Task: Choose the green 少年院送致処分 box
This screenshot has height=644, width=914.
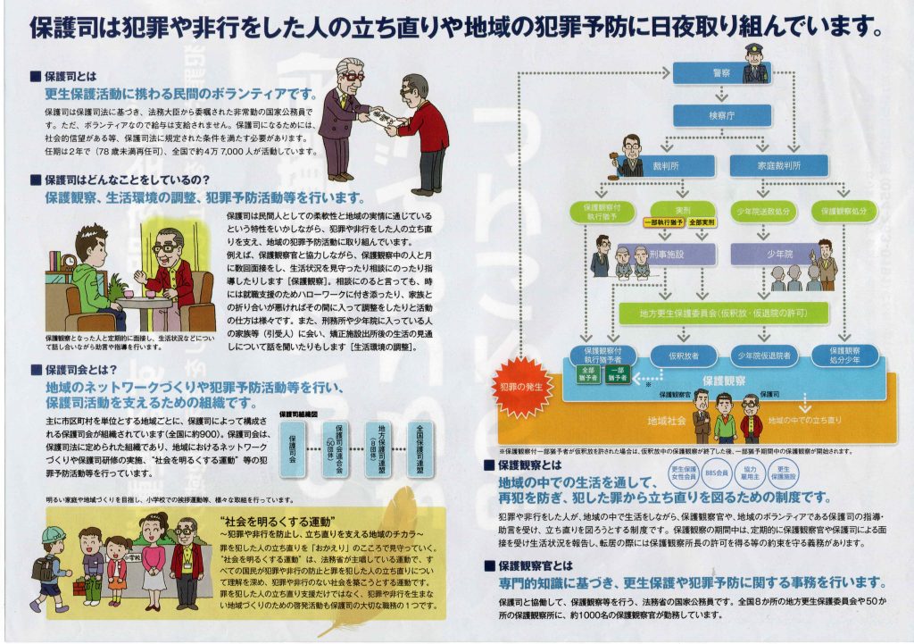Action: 762,212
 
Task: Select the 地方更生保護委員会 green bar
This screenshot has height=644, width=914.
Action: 723,313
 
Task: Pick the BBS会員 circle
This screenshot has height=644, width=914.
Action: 716,471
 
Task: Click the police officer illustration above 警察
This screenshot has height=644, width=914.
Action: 755,63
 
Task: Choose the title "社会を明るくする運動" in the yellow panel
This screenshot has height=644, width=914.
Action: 277,520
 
